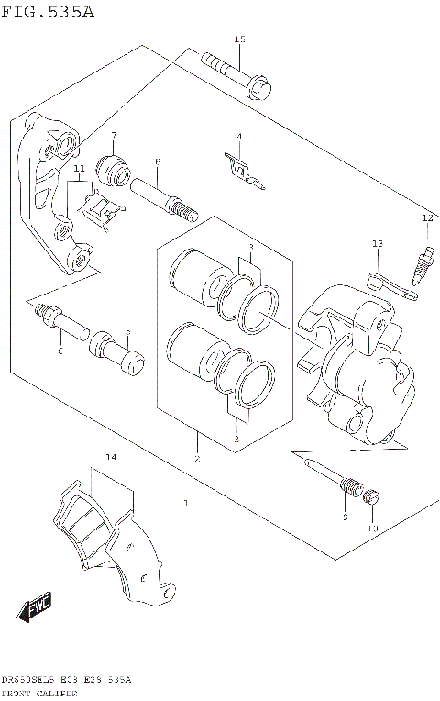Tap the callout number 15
[240, 39]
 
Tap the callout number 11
[79, 169]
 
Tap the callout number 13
[377, 243]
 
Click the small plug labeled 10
[371, 499]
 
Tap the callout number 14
[110, 457]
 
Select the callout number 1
[185, 503]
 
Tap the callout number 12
[426, 218]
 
